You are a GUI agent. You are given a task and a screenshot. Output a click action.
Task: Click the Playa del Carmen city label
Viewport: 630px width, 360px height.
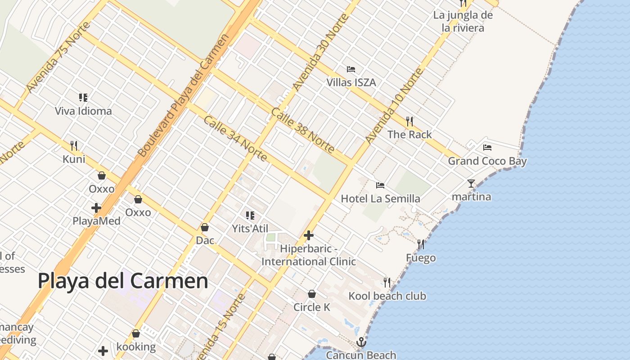(123, 281)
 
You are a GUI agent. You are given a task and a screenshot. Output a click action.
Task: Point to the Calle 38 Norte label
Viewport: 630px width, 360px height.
(302, 130)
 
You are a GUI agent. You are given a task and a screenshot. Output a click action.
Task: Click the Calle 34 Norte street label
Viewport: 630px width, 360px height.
(235, 139)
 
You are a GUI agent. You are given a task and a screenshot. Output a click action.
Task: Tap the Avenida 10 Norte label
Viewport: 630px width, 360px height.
(394, 106)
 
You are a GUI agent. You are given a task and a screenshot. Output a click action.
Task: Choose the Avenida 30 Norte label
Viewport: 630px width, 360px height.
(320, 52)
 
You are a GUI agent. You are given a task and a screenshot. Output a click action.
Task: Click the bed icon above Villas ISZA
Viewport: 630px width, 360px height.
(351, 69)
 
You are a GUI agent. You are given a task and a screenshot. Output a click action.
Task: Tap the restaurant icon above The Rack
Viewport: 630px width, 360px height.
(409, 121)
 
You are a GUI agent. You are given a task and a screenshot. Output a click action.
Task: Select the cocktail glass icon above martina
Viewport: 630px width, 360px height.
(471, 184)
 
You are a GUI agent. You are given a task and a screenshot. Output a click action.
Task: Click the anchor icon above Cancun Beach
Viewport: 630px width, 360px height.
(361, 343)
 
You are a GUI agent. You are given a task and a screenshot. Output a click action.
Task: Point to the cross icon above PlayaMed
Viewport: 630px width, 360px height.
(96, 208)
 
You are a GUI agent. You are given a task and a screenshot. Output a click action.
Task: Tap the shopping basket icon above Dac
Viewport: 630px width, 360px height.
(205, 227)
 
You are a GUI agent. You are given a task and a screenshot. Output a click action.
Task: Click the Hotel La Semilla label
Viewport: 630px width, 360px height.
(380, 198)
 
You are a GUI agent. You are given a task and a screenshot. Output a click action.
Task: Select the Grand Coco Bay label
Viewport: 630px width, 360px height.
(487, 161)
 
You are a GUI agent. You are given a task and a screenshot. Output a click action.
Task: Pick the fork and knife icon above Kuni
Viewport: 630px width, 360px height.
(74, 145)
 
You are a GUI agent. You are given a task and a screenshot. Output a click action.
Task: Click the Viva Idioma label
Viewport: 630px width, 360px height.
(83, 111)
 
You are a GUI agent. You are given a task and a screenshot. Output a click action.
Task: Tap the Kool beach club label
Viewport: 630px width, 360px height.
(387, 296)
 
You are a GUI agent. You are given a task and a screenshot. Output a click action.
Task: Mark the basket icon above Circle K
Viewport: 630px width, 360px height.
(311, 294)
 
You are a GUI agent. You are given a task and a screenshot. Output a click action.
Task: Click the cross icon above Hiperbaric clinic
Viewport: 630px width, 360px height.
(309, 235)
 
